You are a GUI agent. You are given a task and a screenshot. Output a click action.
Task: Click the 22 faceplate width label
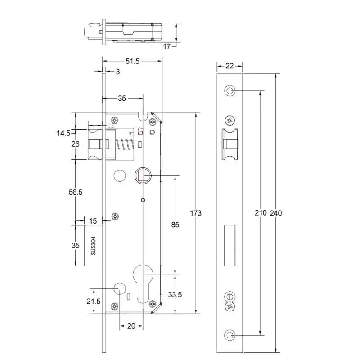pyautogui.click(x=229, y=66)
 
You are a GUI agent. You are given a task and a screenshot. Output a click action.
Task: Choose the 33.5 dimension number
pyautogui.click(x=174, y=295)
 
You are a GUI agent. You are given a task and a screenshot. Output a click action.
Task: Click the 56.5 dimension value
pyautogui.click(x=76, y=192)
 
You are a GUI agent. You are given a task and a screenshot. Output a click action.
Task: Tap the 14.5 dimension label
pyautogui.click(x=63, y=133)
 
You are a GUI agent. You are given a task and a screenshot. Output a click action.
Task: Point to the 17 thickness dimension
pyautogui.click(x=167, y=46)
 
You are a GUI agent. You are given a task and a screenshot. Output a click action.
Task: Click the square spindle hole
pyautogui.click(x=143, y=174)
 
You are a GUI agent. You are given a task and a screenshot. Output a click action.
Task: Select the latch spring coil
pyautogui.click(x=124, y=145)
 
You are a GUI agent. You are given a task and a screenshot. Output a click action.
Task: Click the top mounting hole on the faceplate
pyautogui.click(x=230, y=91)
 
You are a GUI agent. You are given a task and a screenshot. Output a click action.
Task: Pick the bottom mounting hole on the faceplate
pyautogui.click(x=230, y=335)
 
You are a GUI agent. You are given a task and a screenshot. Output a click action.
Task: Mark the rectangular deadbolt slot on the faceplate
pyautogui.click(x=230, y=245)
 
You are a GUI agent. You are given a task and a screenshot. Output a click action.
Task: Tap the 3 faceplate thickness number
pyautogui.click(x=118, y=72)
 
